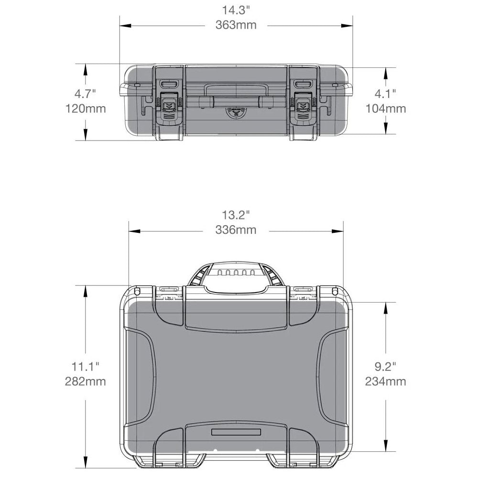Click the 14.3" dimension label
pos(236,10)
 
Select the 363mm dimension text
pos(236,25)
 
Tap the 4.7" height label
pos(86,92)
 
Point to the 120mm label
pos(86,109)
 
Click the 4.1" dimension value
pos(385,92)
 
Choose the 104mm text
pos(385,109)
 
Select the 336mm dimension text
pos(236,230)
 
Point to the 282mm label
pos(86,382)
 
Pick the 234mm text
pos(385,382)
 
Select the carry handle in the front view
pos(235,102)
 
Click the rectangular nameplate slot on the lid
pos(236,432)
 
